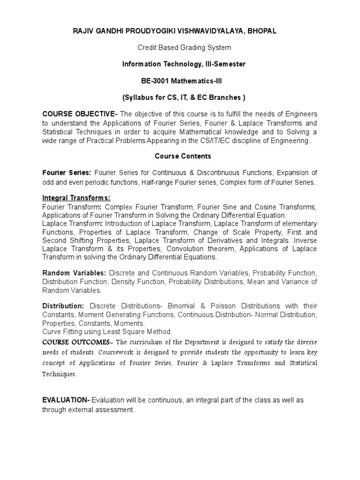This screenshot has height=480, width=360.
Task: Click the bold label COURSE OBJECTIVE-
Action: (x=80, y=114)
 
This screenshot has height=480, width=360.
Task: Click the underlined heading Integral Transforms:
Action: (x=76, y=198)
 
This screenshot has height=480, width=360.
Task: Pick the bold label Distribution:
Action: (x=63, y=306)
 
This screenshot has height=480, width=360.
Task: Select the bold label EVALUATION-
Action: (x=66, y=400)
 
